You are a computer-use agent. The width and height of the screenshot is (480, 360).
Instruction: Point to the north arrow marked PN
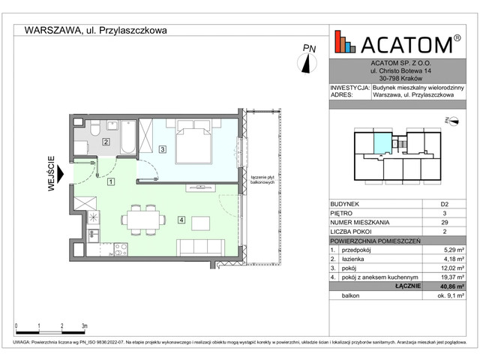point(308,60)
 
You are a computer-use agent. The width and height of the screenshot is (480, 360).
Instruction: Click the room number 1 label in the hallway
point(110,181)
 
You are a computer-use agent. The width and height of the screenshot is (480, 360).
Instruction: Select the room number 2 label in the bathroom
point(106,142)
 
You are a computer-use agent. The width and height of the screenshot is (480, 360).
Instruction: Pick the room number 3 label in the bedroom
point(162,150)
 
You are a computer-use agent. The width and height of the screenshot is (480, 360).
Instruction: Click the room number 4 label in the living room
point(181,219)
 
